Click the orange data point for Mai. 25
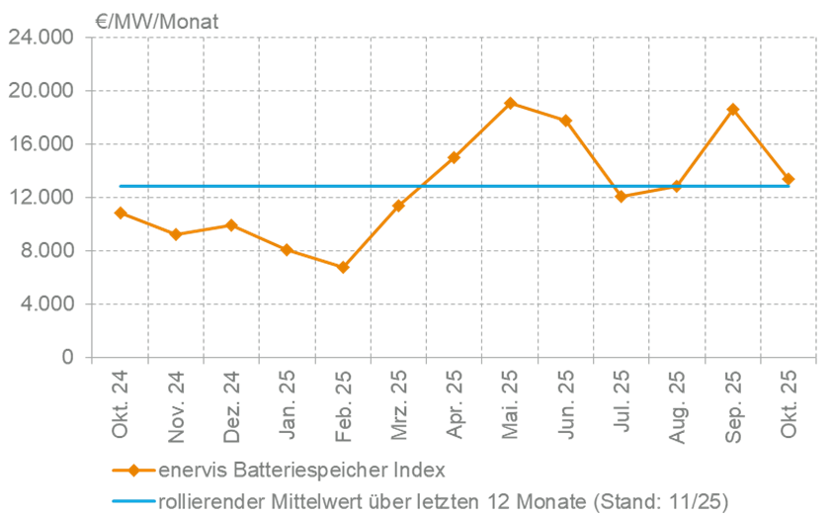click(510, 103)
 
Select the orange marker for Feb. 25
click(343, 267)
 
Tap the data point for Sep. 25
click(732, 110)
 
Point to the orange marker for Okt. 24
click(121, 213)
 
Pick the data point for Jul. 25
click(621, 196)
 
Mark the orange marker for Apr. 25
click(454, 158)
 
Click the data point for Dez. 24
click(231, 224)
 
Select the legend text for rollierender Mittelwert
click(444, 501)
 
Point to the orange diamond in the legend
click(132, 470)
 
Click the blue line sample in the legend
click(132, 501)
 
